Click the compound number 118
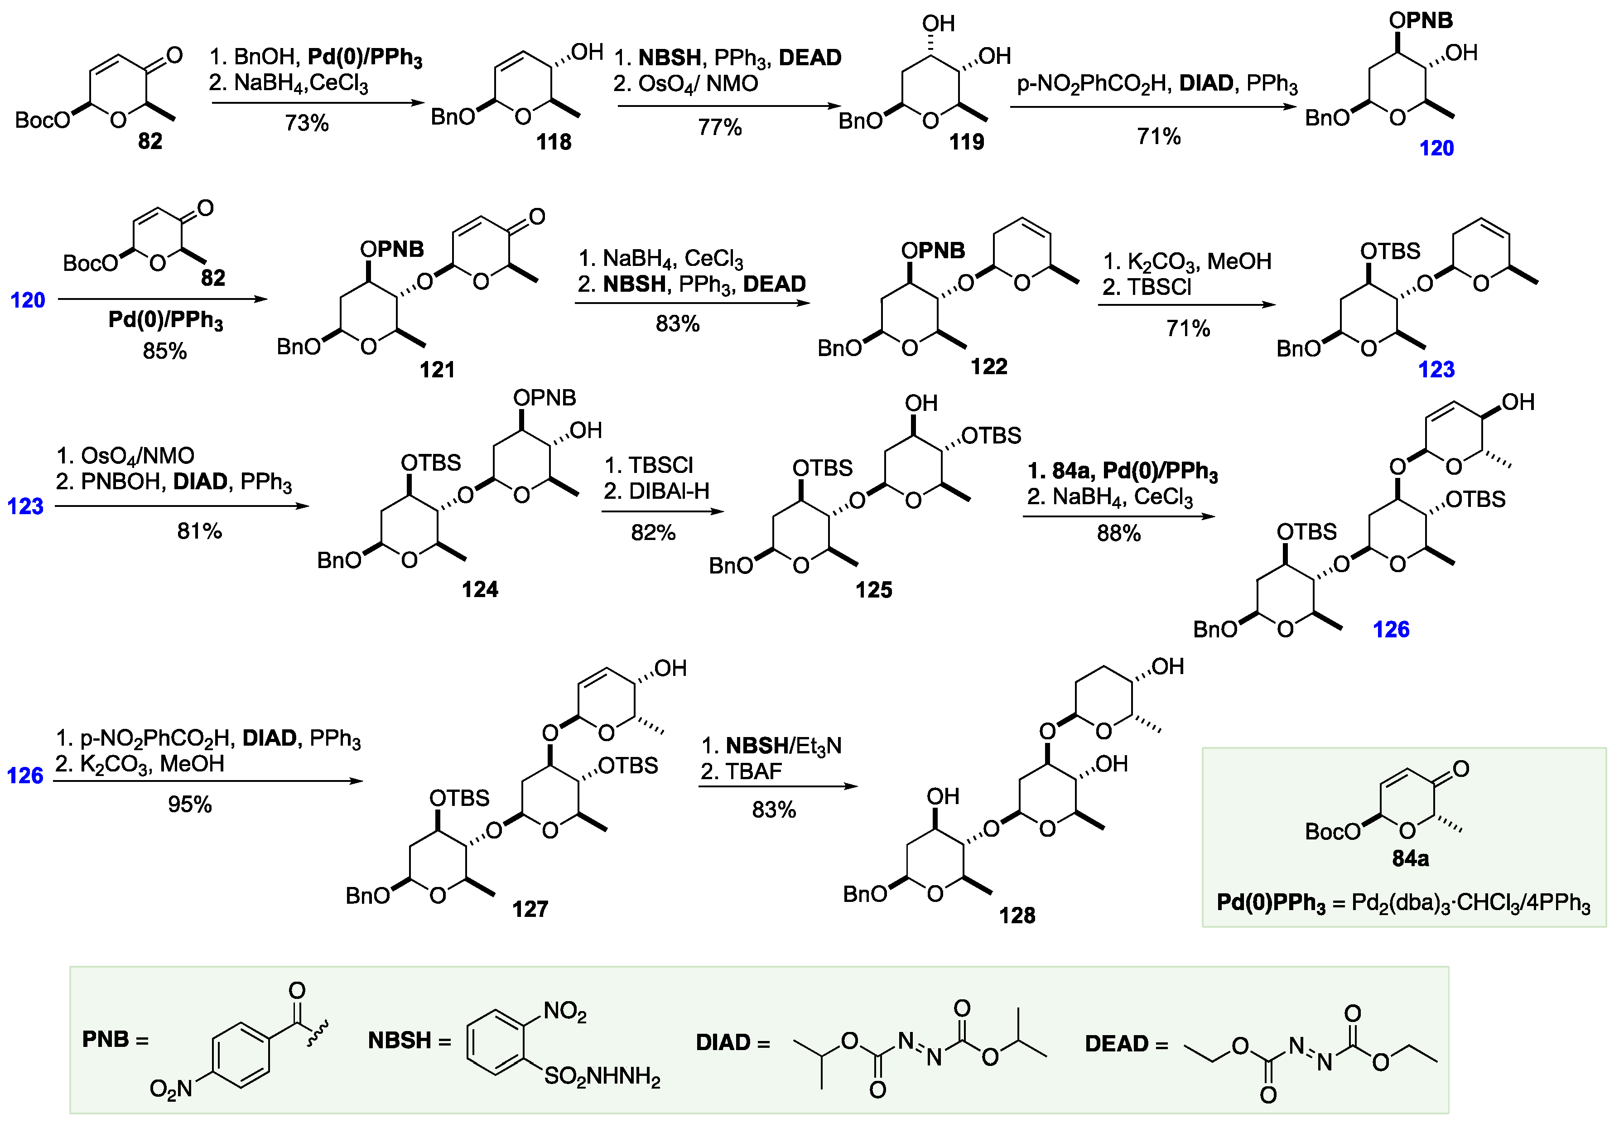pyautogui.click(x=554, y=142)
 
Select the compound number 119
pyautogui.click(x=966, y=142)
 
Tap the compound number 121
pyautogui.click(x=437, y=369)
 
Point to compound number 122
pyautogui.click(x=988, y=366)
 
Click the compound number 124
pyautogui.click(x=480, y=589)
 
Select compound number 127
pyautogui.click(x=530, y=909)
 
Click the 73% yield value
pyautogui.click(x=307, y=123)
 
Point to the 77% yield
pyautogui.click(x=720, y=127)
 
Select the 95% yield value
pyautogui.click(x=190, y=804)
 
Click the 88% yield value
pyautogui.click(x=1119, y=533)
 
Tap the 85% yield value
pyautogui.click(x=164, y=351)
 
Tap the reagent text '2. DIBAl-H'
pyautogui.click(x=656, y=491)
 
